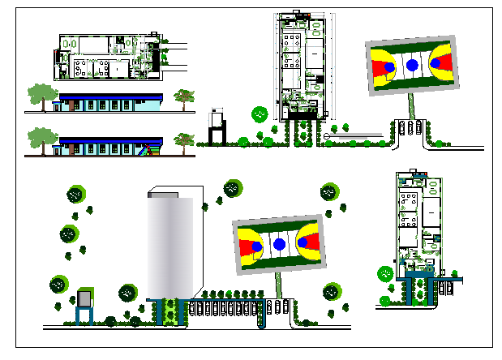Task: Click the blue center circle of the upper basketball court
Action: click(x=412, y=65)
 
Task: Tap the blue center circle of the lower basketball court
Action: click(x=279, y=244)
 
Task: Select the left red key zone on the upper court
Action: click(x=382, y=65)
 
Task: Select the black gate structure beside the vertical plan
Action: click(x=217, y=126)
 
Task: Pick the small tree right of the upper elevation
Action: click(x=186, y=97)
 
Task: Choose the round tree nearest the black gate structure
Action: click(x=259, y=114)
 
